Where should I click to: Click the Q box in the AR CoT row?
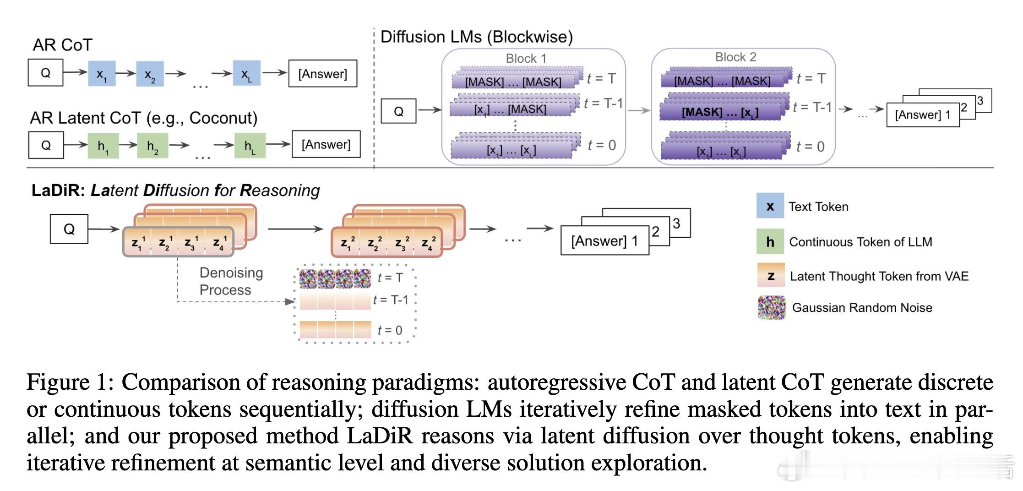click(45, 73)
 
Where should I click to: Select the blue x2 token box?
click(150, 74)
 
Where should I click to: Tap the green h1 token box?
click(103, 146)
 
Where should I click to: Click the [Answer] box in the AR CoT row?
click(322, 74)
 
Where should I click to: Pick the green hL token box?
click(250, 146)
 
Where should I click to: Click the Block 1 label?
click(526, 59)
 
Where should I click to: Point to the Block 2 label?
click(735, 57)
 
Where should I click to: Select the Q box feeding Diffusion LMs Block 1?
click(398, 111)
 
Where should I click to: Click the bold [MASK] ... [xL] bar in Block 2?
click(720, 112)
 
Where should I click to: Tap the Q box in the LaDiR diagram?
click(69, 229)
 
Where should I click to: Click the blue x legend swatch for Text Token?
click(770, 207)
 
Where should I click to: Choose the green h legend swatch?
click(770, 241)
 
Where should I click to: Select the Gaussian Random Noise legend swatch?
click(771, 307)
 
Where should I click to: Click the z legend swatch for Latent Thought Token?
click(771, 276)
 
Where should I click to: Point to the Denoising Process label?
click(231, 281)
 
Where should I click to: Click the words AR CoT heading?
click(62, 45)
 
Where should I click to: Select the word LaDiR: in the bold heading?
click(58, 191)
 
